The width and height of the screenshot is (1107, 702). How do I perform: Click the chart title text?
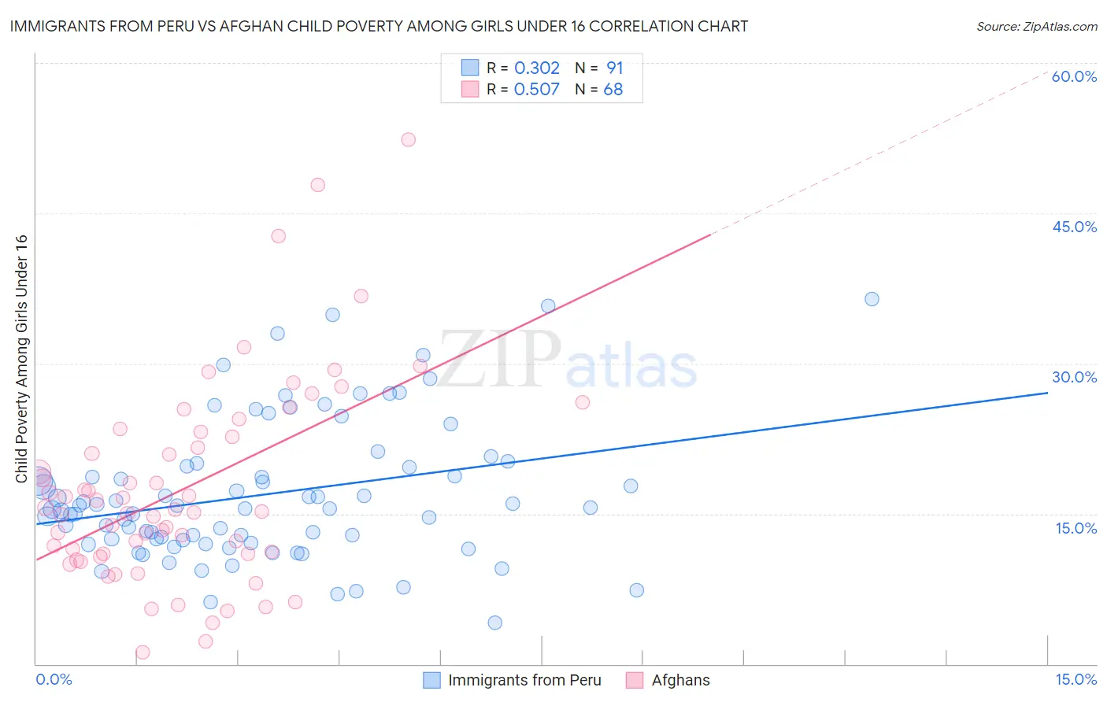(379, 26)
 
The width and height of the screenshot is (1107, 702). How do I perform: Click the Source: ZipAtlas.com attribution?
(1036, 26)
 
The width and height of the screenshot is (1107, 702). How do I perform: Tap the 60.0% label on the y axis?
(1074, 76)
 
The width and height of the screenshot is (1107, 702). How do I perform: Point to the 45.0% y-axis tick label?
(1074, 227)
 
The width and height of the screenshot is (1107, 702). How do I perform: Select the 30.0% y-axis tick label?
(1074, 377)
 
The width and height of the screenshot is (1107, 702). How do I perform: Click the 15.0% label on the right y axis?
(1076, 527)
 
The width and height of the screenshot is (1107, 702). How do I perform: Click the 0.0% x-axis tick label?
(54, 679)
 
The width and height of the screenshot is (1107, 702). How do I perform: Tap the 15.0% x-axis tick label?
(1076, 679)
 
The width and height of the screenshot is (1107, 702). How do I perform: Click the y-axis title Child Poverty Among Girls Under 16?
(21, 359)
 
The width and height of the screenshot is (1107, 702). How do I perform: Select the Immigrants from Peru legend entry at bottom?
(524, 680)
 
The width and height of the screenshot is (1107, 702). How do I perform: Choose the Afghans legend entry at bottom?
(680, 680)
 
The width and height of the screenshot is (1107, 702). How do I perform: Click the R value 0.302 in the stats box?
(536, 68)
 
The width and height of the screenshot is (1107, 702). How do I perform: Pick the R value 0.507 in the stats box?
(536, 90)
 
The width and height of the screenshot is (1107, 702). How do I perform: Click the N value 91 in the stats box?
(614, 68)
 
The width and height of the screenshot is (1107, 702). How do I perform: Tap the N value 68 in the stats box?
(613, 90)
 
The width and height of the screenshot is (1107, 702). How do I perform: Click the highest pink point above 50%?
(408, 139)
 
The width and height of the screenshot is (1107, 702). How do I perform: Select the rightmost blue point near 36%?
(872, 299)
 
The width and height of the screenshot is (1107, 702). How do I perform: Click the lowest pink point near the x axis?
(143, 652)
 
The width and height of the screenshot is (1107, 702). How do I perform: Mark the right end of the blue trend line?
(1047, 392)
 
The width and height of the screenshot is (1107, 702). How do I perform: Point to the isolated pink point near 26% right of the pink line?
(583, 402)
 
